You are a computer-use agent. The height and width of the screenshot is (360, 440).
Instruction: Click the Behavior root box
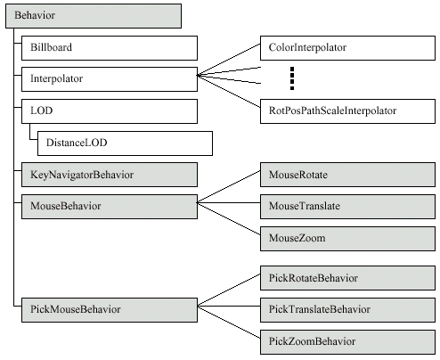[94, 16]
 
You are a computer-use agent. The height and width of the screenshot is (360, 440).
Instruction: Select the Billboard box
[110, 48]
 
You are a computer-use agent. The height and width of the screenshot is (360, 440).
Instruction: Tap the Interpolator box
[110, 79]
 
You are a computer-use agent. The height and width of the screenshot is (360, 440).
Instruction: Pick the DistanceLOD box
[125, 143]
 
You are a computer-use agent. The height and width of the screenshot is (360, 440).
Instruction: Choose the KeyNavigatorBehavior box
[110, 175]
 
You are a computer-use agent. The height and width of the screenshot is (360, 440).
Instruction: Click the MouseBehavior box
[110, 207]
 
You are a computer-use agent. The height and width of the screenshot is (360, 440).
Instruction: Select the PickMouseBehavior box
[110, 310]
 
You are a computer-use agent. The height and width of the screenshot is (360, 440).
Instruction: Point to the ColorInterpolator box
[347, 48]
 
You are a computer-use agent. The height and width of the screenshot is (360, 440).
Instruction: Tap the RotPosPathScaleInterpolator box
[347, 111]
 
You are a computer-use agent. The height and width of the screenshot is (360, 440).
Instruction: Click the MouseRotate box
[347, 175]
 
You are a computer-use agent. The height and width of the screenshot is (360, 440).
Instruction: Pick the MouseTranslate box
[347, 207]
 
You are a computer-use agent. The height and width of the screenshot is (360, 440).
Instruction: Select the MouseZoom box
[347, 239]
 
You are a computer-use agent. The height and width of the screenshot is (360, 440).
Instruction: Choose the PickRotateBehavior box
[347, 278]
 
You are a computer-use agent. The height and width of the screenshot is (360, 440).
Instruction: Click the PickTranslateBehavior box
[347, 310]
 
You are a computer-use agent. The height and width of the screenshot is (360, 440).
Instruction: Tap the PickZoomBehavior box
[347, 342]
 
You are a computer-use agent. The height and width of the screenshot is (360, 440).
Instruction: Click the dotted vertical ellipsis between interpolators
[292, 78]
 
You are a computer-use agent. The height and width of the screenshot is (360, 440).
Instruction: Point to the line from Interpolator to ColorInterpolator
[229, 60]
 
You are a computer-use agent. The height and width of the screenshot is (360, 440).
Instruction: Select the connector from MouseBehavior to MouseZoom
[229, 218]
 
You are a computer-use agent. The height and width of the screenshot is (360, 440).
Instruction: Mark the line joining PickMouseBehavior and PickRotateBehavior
[229, 290]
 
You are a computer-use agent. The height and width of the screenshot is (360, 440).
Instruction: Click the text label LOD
[41, 110]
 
